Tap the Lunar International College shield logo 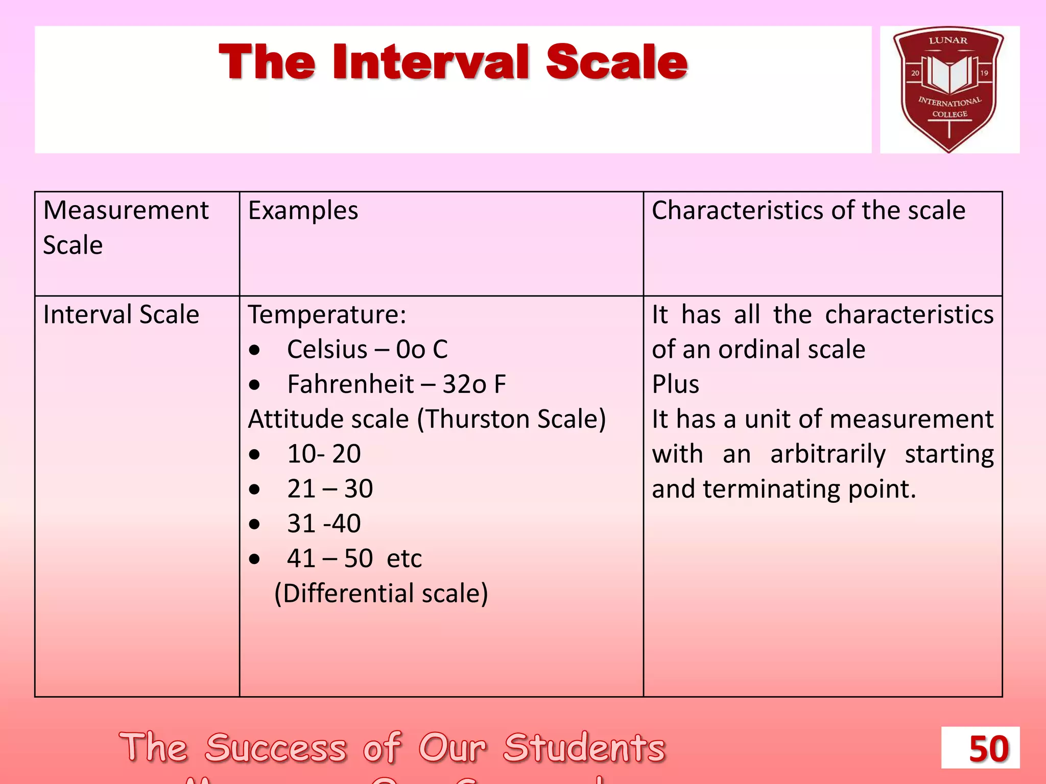949,88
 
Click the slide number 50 989,749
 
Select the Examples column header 303,211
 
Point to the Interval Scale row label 121,314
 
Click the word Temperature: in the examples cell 327,314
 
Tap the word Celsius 327,350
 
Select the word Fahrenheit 350,384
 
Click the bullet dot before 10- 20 254,454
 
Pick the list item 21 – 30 330,489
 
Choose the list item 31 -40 324,524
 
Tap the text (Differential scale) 381,594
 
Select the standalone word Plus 675,384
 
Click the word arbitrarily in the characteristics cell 827,454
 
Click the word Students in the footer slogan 584,748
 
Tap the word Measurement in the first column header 126,211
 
